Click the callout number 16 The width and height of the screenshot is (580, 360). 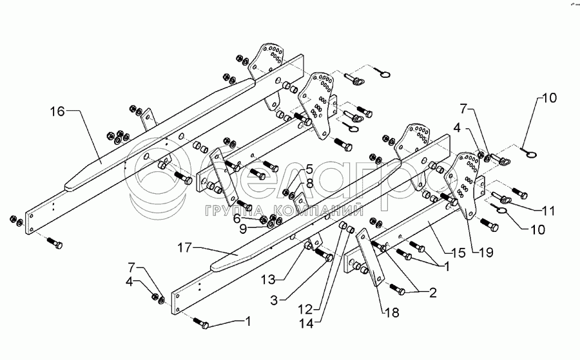tap(57, 112)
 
